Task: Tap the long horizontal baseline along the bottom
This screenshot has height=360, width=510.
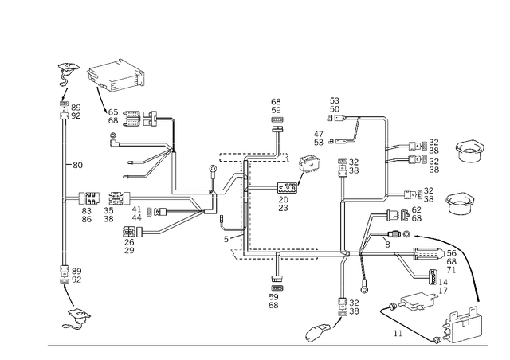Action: point(263,346)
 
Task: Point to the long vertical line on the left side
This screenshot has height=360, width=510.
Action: point(63,191)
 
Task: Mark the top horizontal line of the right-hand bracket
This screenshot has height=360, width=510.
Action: point(359,116)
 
